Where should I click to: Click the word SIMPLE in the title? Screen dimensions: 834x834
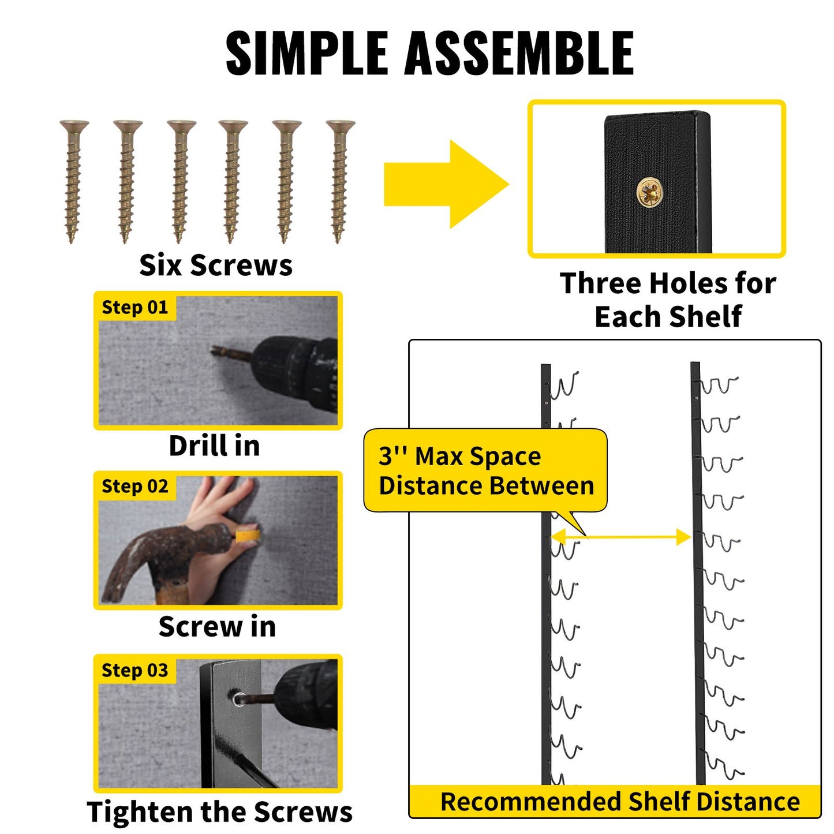click(x=306, y=54)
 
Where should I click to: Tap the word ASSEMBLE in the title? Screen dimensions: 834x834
click(x=519, y=54)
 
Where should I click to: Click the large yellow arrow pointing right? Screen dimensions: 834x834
click(x=446, y=184)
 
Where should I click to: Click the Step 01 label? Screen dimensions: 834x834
click(x=134, y=307)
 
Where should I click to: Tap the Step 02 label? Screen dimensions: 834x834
click(x=134, y=487)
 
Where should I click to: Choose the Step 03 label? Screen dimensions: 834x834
click(x=134, y=671)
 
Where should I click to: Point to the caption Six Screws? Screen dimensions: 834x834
click(x=216, y=265)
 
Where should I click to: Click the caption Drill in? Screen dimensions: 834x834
click(x=215, y=446)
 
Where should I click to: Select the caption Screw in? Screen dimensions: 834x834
click(x=217, y=626)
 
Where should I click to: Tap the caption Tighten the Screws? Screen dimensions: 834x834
click(x=220, y=811)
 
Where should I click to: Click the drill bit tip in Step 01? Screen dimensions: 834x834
click(x=214, y=350)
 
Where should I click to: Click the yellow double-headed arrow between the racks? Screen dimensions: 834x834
click(x=620, y=537)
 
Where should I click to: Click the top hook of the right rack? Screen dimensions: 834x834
click(x=719, y=385)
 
